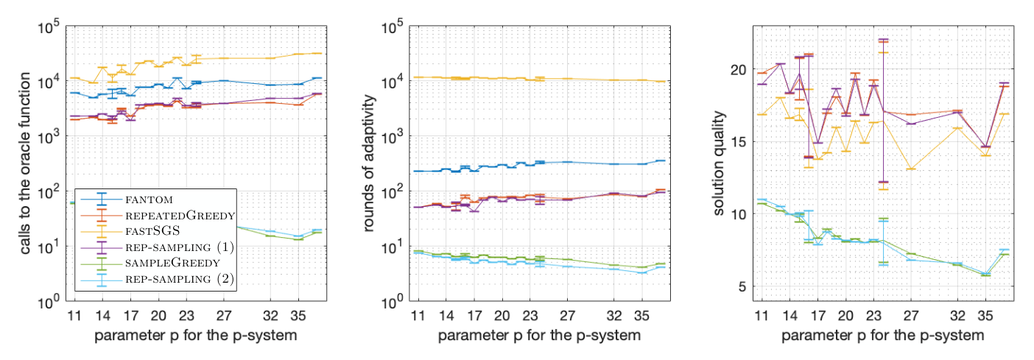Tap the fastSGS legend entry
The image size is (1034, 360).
tap(152, 231)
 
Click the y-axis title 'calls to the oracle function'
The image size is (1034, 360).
tap(25, 163)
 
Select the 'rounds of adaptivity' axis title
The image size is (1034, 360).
tap(368, 163)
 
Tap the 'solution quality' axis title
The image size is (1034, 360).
tap(719, 163)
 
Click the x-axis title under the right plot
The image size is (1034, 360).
tap(882, 336)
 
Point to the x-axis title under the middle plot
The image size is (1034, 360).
tap(539, 336)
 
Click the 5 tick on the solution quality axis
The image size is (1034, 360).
tap(742, 286)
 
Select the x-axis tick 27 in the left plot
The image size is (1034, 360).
tap(224, 316)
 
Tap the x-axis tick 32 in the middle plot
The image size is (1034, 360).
tap(614, 316)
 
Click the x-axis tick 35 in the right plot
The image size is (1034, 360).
tap(985, 316)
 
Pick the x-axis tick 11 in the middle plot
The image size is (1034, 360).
tap(418, 316)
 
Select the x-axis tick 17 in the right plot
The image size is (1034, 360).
tap(818, 316)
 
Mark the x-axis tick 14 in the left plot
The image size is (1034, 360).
tap(103, 316)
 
